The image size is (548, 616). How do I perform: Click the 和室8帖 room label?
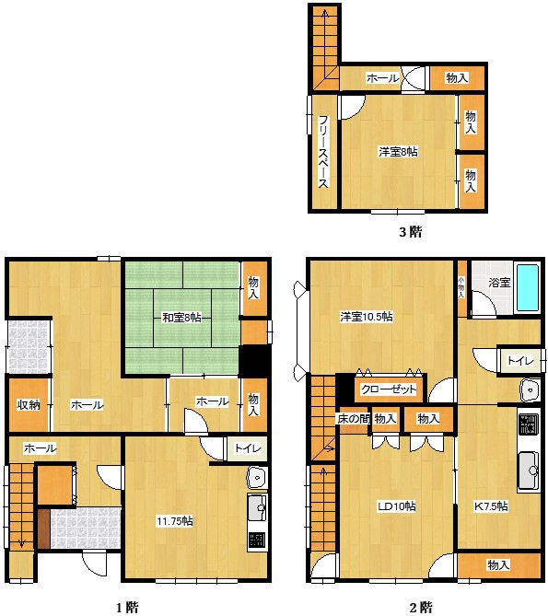[x=181, y=317]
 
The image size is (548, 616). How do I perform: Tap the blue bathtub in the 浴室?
[x=528, y=288]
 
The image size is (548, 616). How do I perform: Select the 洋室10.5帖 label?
[x=367, y=316]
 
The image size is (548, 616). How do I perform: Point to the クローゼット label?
[x=389, y=389]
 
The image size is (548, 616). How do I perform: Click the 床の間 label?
[x=353, y=419]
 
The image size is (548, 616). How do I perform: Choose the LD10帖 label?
[x=397, y=506]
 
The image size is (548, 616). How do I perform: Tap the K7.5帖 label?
[x=491, y=506]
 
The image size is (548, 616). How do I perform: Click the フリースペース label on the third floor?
[x=323, y=152]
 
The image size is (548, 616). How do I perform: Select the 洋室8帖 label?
[x=398, y=152]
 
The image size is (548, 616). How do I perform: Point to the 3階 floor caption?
[x=411, y=232]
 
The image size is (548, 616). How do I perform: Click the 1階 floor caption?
[x=127, y=608]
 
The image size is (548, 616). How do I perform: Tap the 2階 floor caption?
[x=421, y=608]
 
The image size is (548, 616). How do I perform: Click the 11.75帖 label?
[x=175, y=521]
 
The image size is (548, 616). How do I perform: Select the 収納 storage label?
[x=29, y=404]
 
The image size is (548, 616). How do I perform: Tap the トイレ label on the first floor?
[x=248, y=447]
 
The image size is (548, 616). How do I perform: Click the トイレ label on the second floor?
[x=520, y=360]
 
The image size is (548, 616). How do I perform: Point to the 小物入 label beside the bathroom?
[x=461, y=286]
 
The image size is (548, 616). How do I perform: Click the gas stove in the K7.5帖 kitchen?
[x=529, y=424]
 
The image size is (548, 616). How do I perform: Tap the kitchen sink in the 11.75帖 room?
[x=257, y=507]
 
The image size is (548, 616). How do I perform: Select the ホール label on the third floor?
[x=382, y=77]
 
